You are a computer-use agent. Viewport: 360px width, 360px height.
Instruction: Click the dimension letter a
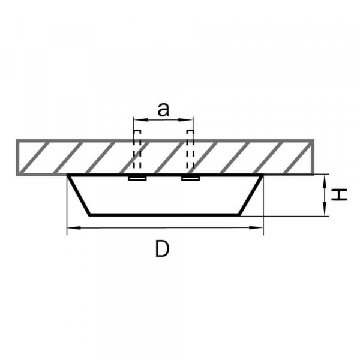(163, 109)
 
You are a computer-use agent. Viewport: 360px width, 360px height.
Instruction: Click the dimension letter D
(162, 248)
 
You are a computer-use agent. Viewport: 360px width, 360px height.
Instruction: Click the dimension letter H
(340, 194)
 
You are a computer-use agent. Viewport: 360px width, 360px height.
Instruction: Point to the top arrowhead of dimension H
(324, 178)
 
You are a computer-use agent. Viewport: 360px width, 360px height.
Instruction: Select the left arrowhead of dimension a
(136, 120)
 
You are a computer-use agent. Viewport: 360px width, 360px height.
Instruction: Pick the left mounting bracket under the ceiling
(137, 178)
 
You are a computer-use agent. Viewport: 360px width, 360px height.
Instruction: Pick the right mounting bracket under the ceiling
(190, 178)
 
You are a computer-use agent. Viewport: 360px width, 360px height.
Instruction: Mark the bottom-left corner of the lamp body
(90, 214)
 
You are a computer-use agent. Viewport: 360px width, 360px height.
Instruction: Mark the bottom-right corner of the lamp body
(241, 214)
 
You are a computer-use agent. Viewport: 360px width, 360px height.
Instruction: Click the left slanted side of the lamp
(79, 195)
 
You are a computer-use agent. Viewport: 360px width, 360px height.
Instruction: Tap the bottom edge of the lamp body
(165, 214)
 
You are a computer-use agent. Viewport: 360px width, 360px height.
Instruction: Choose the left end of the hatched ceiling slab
(18, 157)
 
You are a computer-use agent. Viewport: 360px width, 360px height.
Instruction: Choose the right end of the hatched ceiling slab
(313, 157)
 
